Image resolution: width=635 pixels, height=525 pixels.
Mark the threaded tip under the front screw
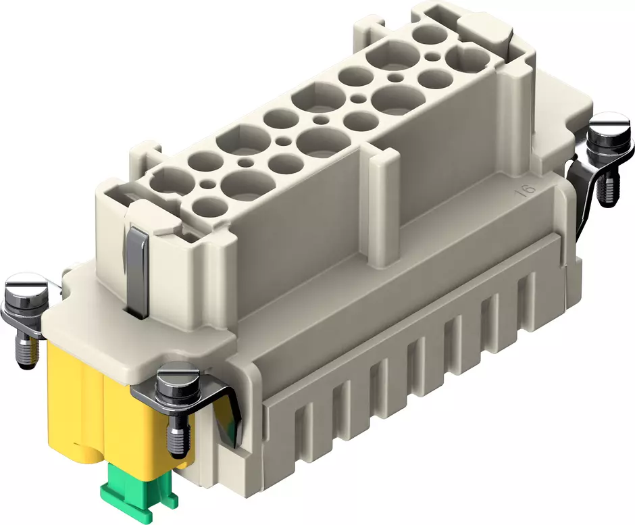(178, 439)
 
